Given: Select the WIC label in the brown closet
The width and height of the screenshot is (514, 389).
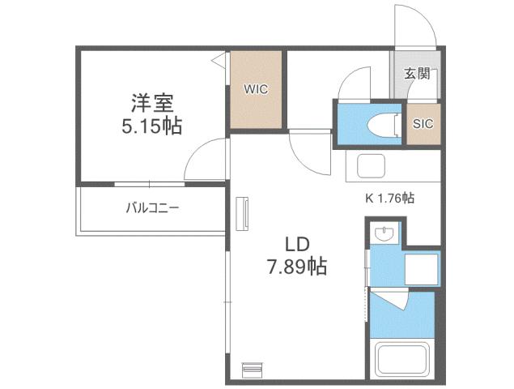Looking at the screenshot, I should (257, 88).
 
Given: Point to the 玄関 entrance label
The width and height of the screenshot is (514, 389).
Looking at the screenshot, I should (416, 74).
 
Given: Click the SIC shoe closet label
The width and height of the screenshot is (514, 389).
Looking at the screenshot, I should (423, 124).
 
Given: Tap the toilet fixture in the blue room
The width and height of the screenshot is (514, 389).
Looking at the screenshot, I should (382, 123).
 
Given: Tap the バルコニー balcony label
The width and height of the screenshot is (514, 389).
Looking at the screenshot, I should (152, 207).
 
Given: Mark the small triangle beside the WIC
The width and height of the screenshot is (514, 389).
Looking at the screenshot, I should (219, 59).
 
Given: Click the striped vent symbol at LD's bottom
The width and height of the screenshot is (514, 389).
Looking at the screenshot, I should (252, 369).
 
